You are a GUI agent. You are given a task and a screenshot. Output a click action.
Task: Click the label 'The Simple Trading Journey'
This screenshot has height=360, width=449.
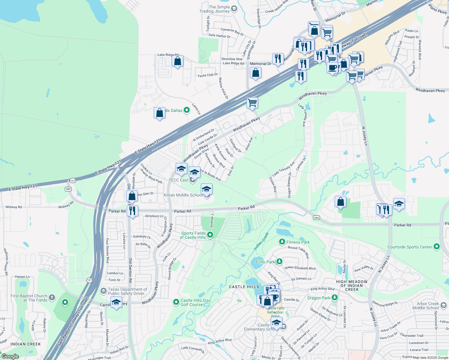(215, 9)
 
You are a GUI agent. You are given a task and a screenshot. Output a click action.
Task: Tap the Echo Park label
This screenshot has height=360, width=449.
(265, 262)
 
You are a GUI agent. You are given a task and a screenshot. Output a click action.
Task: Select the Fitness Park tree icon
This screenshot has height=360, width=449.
(282, 242)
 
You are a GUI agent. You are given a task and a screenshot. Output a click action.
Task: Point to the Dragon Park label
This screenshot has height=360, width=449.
(319, 298)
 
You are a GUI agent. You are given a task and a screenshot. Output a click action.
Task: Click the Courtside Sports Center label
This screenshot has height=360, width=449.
(409, 247)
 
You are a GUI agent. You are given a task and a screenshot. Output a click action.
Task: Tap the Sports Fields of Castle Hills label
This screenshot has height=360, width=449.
(193, 235)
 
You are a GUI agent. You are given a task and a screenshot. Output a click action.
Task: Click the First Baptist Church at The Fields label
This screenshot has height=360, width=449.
(29, 298)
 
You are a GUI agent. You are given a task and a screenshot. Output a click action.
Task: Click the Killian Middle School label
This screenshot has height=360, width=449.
(183, 195)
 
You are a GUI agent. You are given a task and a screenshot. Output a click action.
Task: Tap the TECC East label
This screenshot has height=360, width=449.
(178, 180)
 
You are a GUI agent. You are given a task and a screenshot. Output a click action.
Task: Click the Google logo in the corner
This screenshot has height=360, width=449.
(10, 356)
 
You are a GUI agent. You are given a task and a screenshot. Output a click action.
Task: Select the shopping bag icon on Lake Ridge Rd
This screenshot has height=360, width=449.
(178, 61)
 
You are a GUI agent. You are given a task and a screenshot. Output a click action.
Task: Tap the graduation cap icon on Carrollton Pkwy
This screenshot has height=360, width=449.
(116, 302)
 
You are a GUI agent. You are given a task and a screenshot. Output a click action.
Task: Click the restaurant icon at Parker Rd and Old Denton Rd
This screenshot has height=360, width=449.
(132, 211)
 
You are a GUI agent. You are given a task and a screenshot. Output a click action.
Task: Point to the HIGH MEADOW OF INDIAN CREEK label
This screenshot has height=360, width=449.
(352, 286)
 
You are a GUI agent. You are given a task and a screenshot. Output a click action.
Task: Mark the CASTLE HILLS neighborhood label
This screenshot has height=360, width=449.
(244, 287)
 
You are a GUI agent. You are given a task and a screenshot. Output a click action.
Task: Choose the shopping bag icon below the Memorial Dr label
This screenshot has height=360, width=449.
(255, 73)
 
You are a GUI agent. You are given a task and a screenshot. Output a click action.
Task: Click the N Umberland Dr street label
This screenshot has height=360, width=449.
(203, 135)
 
